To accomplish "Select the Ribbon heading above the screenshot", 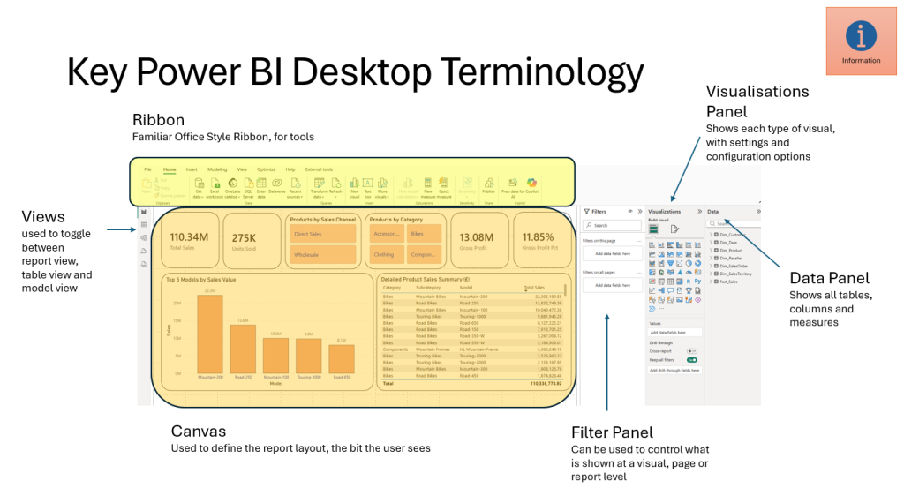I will (x=158, y=119).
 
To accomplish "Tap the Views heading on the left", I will (x=43, y=215).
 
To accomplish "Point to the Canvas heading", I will (x=198, y=432).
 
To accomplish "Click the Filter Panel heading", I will (x=612, y=432).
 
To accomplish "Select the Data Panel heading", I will (x=829, y=278).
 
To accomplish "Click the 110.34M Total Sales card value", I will (x=188, y=236).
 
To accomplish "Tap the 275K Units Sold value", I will (x=244, y=237).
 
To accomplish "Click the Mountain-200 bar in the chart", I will (x=209, y=334).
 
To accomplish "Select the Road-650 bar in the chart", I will (x=341, y=358).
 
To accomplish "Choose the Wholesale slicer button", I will (x=323, y=254).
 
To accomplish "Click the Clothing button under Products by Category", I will (x=386, y=254).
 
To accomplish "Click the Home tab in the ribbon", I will (x=169, y=169).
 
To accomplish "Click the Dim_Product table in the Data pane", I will (x=732, y=251).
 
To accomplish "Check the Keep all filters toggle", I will (x=691, y=360).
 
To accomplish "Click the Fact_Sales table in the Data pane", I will (x=728, y=282).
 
